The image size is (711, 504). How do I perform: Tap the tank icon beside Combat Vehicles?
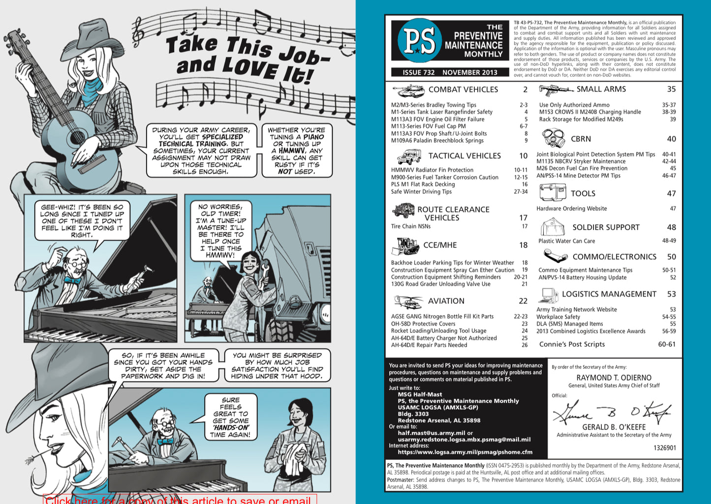408,90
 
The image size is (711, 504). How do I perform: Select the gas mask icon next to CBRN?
554,138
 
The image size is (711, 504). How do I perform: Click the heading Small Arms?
601,89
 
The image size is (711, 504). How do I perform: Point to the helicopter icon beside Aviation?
407,301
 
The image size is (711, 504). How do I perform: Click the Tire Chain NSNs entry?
411,226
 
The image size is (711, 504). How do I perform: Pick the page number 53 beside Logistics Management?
671,294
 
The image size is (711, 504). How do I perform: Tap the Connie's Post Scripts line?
572,344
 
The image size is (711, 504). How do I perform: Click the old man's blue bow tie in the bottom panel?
165,441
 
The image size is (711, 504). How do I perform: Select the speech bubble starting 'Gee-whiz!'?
82,221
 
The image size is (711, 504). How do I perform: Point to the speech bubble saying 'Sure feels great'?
230,417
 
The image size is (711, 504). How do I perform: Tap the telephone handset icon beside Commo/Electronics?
555,256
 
